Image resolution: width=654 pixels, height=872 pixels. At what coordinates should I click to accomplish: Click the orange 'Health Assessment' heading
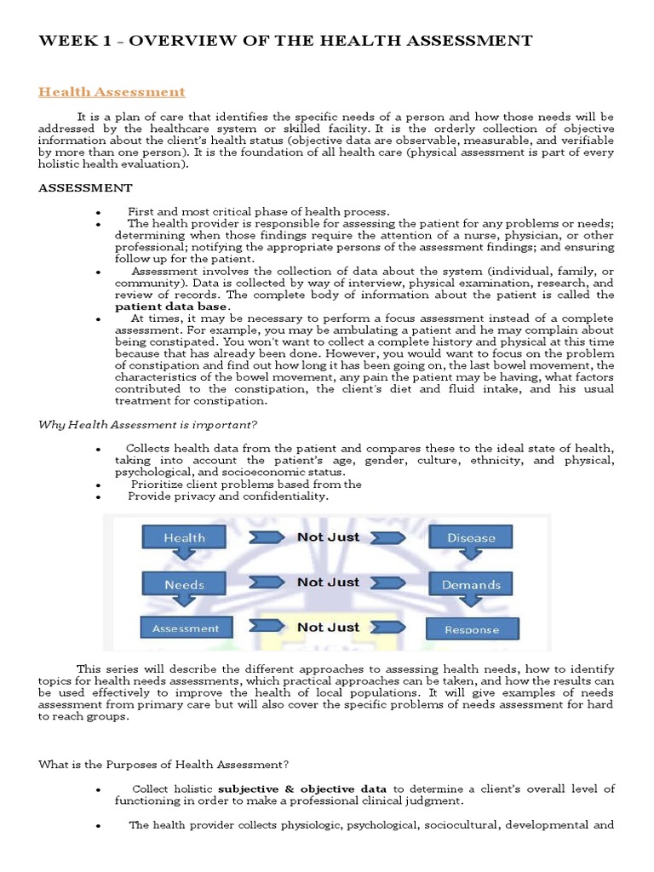112,91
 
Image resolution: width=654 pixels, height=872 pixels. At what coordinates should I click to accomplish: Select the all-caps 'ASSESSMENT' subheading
85,187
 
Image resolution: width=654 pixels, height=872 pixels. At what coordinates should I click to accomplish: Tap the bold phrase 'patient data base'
171,307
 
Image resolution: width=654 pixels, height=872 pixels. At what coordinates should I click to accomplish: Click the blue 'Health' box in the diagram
185,537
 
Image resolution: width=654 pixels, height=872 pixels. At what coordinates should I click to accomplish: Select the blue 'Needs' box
185,585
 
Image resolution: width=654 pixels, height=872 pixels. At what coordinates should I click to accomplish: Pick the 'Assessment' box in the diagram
185,628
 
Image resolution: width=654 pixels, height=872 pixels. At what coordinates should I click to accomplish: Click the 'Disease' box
471,537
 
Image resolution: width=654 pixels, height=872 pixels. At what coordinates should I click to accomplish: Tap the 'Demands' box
471,585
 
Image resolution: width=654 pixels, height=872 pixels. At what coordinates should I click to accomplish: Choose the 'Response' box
471,630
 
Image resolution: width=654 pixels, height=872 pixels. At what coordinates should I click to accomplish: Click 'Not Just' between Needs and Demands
328,582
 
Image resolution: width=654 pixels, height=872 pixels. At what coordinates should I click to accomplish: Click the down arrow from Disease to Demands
470,561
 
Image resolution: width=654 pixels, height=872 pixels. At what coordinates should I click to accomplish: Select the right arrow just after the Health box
265,538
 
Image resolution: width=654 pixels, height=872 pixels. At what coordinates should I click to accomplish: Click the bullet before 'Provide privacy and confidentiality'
100,497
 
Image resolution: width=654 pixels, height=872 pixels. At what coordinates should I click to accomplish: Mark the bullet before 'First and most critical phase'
100,212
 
